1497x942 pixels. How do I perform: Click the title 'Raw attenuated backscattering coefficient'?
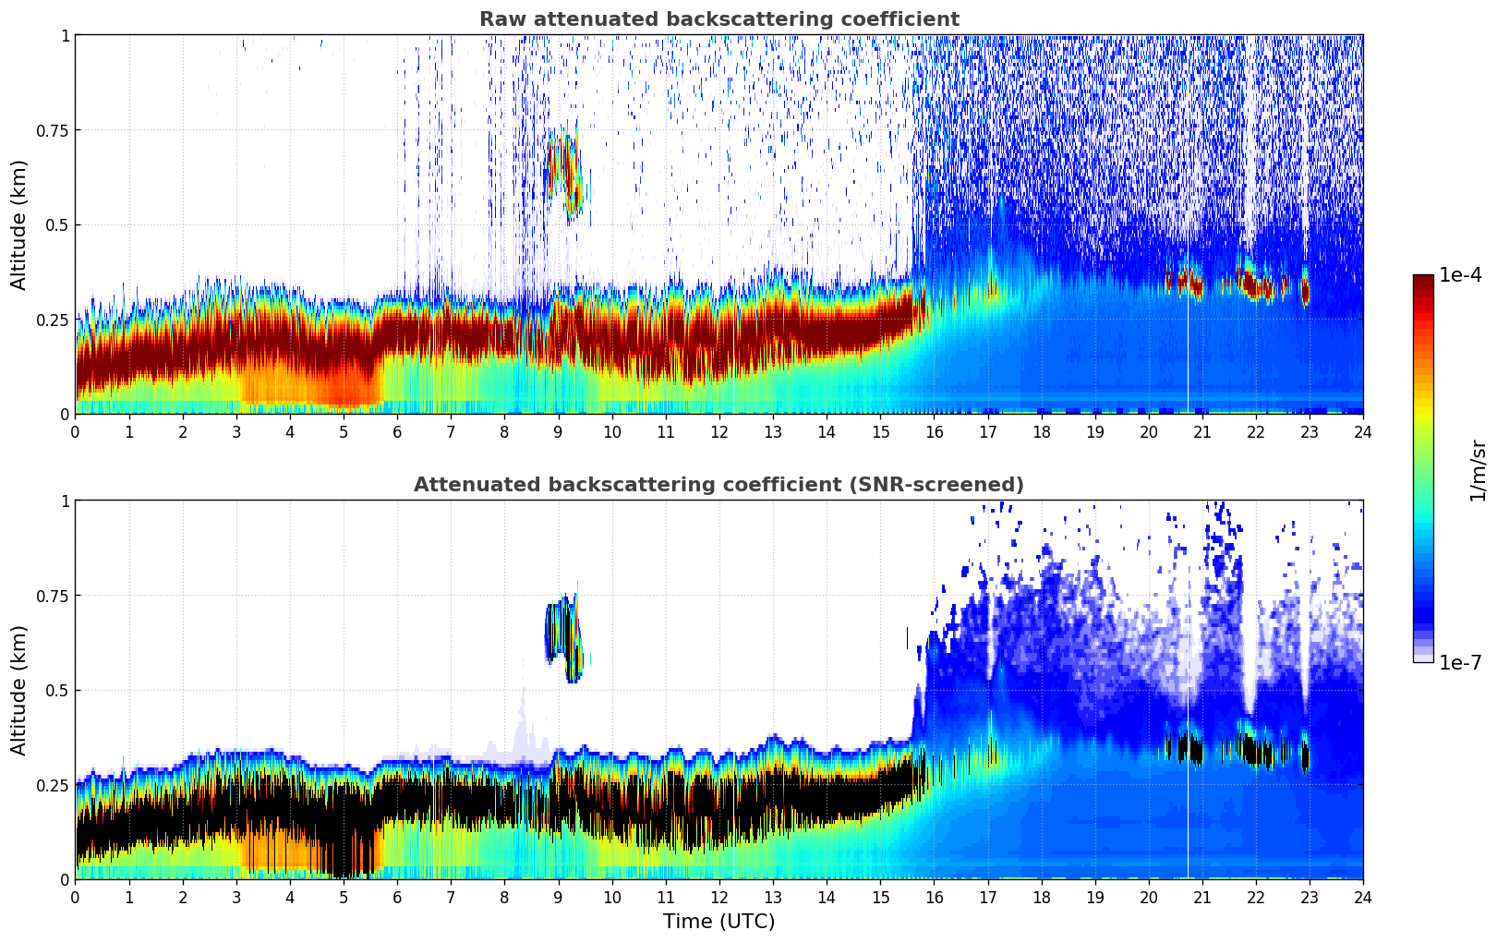click(718, 19)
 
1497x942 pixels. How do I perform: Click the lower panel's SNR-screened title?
click(718, 485)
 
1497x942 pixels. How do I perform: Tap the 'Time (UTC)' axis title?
click(718, 922)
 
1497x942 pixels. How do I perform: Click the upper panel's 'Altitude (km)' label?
click(19, 224)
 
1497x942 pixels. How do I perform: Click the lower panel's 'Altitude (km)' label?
click(19, 690)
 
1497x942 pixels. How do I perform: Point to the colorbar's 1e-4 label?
click(1461, 276)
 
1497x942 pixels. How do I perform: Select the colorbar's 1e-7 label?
click(1461, 662)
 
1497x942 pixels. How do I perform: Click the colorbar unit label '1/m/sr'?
click(1478, 470)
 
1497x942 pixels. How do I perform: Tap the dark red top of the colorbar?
click(1422, 279)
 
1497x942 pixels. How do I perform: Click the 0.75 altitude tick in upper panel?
click(54, 130)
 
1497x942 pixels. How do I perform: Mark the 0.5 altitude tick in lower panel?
click(58, 690)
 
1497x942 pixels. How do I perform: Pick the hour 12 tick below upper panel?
click(718, 432)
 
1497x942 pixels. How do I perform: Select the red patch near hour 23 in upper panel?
click(1305, 292)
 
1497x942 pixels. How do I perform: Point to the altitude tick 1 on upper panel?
click(65, 35)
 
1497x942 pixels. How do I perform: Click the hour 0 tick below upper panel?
click(76, 432)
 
